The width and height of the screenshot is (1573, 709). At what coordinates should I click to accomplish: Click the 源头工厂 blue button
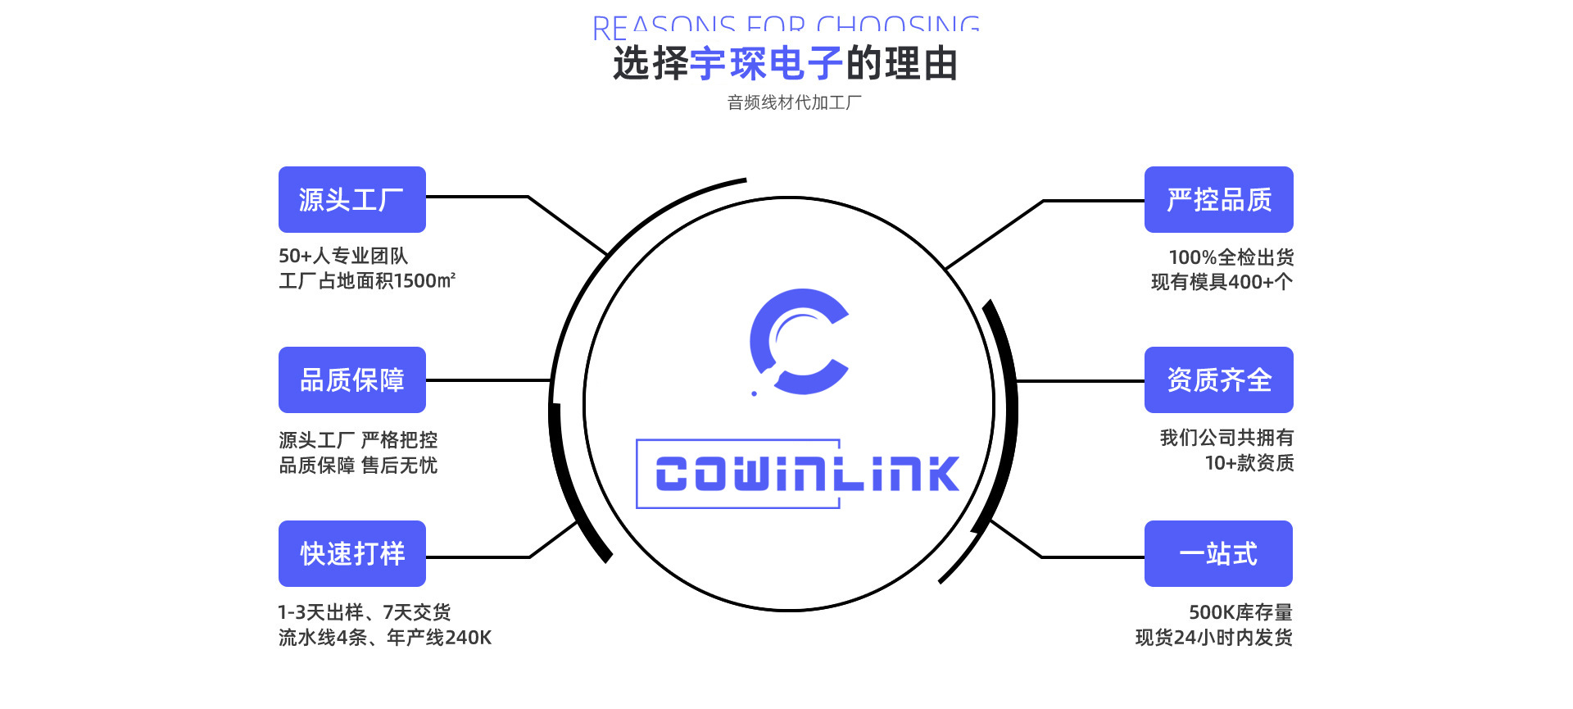pos(351,200)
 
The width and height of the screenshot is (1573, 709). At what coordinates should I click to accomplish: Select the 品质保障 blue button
pos(351,380)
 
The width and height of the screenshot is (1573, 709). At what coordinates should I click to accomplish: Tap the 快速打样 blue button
pos(351,554)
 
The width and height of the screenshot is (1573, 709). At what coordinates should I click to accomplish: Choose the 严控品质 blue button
pos(1218,200)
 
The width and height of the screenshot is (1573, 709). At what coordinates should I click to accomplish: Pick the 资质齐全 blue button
pos(1218,380)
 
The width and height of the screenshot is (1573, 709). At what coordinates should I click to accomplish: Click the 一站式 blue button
pos(1218,554)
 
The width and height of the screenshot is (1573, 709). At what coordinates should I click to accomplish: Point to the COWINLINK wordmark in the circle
pos(807,474)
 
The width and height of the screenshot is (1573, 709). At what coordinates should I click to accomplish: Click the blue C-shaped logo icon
pos(799,341)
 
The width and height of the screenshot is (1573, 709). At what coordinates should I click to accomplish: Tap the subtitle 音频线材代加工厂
pos(794,103)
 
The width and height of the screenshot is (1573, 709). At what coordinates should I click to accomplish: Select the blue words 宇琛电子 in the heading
pos(767,64)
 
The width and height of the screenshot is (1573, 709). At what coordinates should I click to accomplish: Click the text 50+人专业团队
pos(343,256)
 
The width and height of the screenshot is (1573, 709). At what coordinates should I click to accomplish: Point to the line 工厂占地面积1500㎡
pos(367,281)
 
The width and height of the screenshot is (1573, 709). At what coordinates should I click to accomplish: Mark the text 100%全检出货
pos(1231,257)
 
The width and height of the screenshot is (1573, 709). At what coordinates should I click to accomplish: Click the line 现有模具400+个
pos(1222,282)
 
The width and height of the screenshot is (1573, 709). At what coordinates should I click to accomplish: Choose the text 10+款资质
pos(1249,463)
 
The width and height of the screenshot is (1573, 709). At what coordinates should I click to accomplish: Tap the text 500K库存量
pos(1240,612)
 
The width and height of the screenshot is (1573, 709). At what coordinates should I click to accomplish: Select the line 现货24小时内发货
pos(1213,638)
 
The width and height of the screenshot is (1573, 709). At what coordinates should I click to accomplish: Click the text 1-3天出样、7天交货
pos(365,612)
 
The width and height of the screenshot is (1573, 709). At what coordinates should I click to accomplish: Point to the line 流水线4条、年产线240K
pos(385,638)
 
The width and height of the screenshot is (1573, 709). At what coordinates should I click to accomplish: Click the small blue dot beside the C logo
pos(755,393)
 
